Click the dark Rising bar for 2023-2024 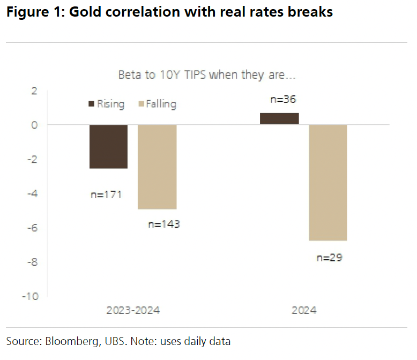tap(108, 146)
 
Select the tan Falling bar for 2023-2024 tap(157, 167)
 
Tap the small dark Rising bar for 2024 tap(279, 118)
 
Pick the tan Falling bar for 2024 tap(328, 182)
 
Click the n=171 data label tap(106, 194)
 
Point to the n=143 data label tap(163, 224)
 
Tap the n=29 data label tap(330, 257)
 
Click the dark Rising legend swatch tap(91, 103)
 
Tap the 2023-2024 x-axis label tap(133, 310)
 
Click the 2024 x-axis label tap(303, 310)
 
